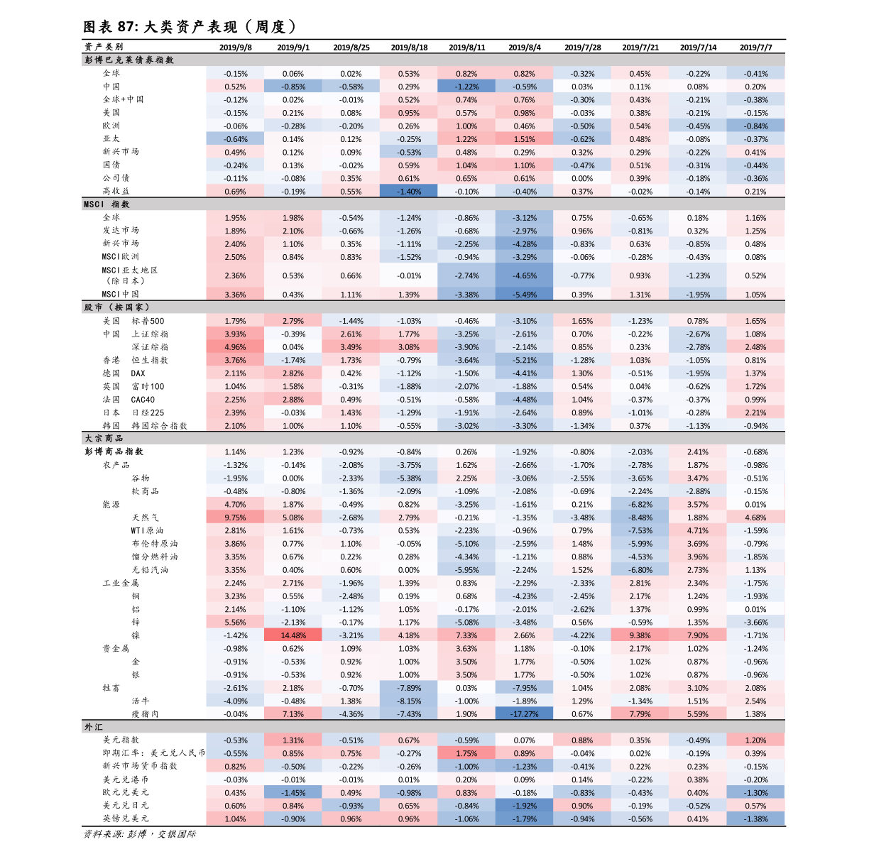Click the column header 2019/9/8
point(235,48)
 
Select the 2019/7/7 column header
point(755,48)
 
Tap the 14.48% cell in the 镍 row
point(293,635)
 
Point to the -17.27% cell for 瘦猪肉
point(524,714)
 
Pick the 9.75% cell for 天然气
point(235,518)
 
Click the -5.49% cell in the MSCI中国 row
point(524,295)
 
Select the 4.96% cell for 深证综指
point(235,347)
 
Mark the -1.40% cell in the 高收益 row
point(408,191)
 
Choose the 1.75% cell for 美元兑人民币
point(466,753)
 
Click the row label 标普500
point(148,321)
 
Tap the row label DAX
point(138,373)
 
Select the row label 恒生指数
point(150,360)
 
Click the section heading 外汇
point(94,727)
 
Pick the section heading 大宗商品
point(104,438)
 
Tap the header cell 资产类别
point(104,47)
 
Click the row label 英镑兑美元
point(126,819)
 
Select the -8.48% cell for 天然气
point(640,518)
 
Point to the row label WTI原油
point(147,530)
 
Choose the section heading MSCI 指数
point(106,204)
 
